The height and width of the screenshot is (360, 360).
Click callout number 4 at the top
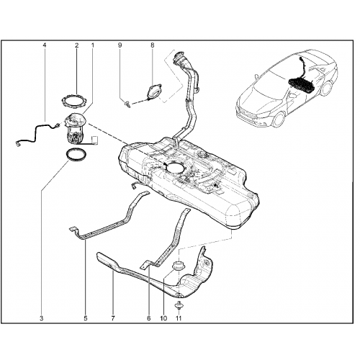pos(45,45)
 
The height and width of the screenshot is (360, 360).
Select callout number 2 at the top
pos(77,45)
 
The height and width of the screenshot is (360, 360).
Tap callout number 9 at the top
pos(120,45)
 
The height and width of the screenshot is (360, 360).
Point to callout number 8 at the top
pos(153,45)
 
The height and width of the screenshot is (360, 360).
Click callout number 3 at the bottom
pos(42,318)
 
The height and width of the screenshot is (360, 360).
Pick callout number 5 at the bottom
pos(86,318)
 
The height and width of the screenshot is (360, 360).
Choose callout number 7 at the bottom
pos(113,318)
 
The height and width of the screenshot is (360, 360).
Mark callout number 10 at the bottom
pos(163,318)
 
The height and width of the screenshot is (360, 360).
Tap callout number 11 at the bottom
pos(179,318)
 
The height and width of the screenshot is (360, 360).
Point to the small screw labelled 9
pos(127,104)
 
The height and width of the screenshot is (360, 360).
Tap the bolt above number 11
pos(179,305)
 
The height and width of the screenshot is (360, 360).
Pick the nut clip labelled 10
pos(179,266)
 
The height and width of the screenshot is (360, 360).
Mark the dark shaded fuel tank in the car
pos(301,85)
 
